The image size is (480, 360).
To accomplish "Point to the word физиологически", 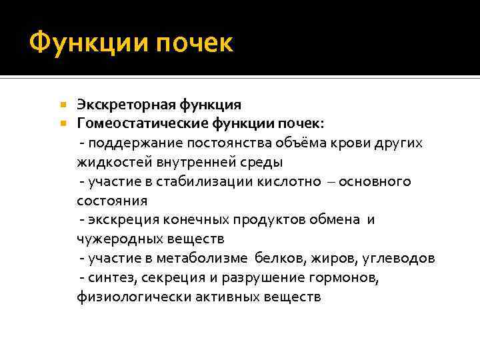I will [x=133, y=297].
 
